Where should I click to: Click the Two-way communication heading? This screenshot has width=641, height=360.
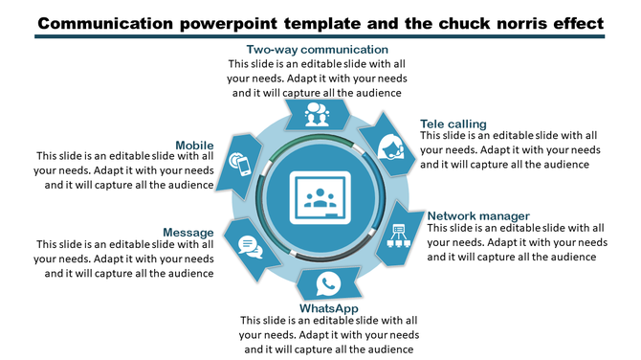[x=317, y=50]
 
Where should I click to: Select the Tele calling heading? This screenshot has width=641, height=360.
[x=453, y=124]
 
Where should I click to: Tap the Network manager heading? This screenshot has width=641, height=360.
[x=477, y=215]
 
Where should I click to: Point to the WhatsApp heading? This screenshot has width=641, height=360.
[x=328, y=308]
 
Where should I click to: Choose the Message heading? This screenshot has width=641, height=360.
[x=188, y=232]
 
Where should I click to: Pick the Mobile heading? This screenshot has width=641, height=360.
[x=194, y=146]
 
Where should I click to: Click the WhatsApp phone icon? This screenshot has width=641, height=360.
[x=328, y=283]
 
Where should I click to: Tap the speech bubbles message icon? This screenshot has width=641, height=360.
[x=250, y=247]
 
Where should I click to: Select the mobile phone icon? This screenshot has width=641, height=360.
[x=241, y=165]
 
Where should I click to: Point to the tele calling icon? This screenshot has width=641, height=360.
[x=389, y=147]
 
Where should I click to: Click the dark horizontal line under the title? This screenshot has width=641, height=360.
[x=320, y=36]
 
